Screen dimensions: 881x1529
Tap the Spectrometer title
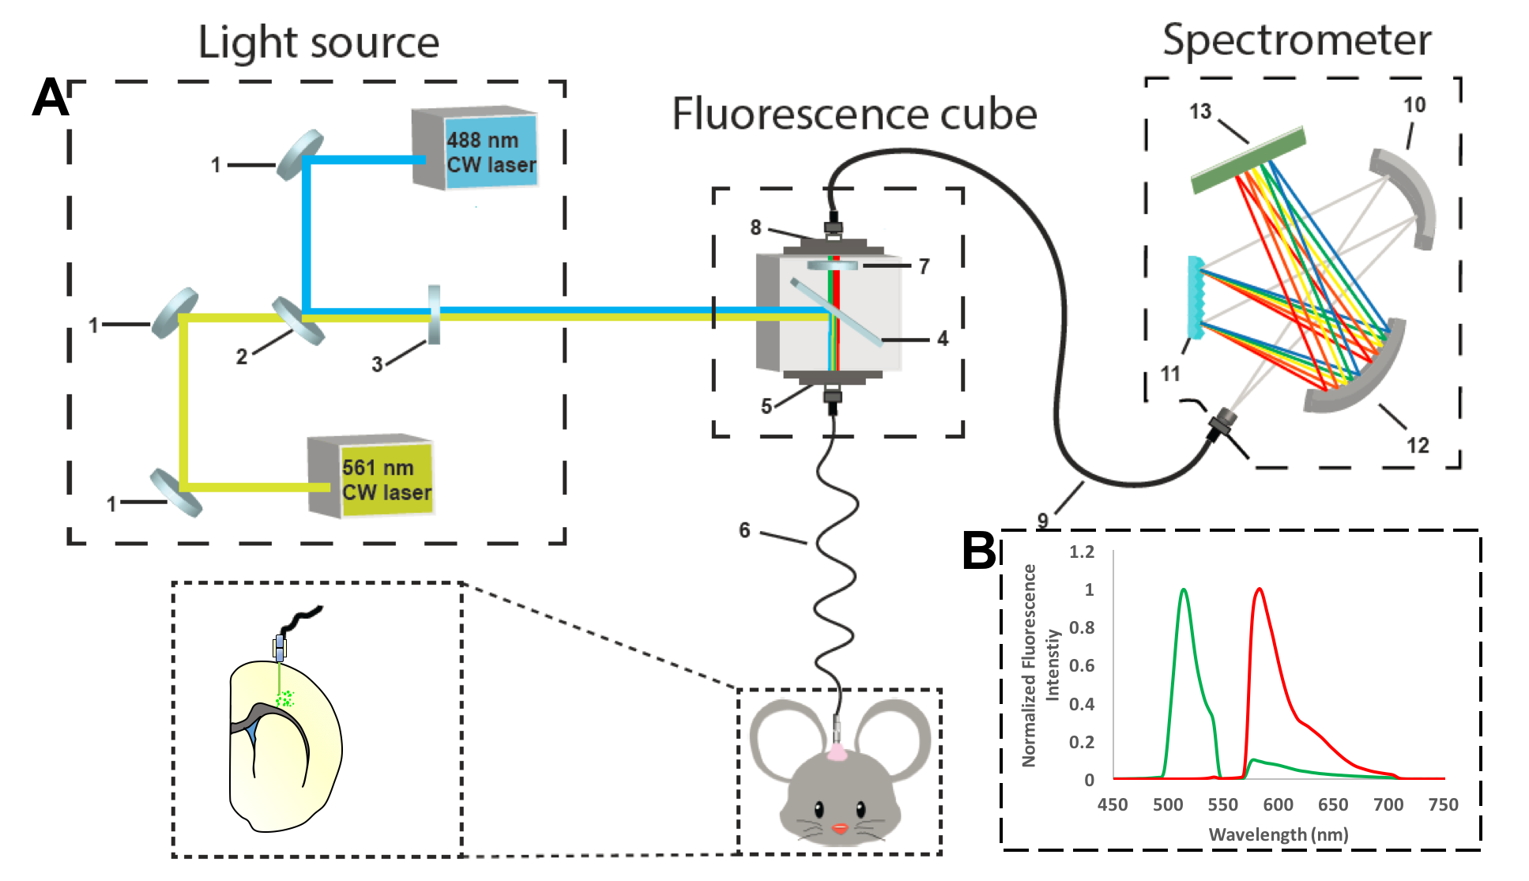pyautogui.click(x=1297, y=40)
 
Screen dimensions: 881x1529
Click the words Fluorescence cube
pyautogui.click(x=854, y=114)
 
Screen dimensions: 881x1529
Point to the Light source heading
pyautogui.click(x=318, y=43)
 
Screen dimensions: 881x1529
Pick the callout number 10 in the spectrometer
pyautogui.click(x=1414, y=105)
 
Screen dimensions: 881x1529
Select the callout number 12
pyautogui.click(x=1418, y=446)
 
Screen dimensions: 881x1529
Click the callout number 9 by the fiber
pyautogui.click(x=1043, y=521)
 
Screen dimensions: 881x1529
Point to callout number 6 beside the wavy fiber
pyautogui.click(x=744, y=530)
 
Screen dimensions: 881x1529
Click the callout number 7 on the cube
pyautogui.click(x=924, y=266)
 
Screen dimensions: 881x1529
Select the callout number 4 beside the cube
pyautogui.click(x=943, y=339)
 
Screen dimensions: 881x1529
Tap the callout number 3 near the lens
pyautogui.click(x=377, y=364)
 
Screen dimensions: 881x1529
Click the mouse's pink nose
pyautogui.click(x=840, y=828)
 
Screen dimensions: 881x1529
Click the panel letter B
pyautogui.click(x=979, y=551)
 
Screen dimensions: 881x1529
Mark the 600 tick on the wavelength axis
pyautogui.click(x=1278, y=804)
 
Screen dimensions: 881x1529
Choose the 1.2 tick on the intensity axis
pyautogui.click(x=1082, y=552)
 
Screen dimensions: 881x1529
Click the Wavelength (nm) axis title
pyautogui.click(x=1278, y=834)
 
